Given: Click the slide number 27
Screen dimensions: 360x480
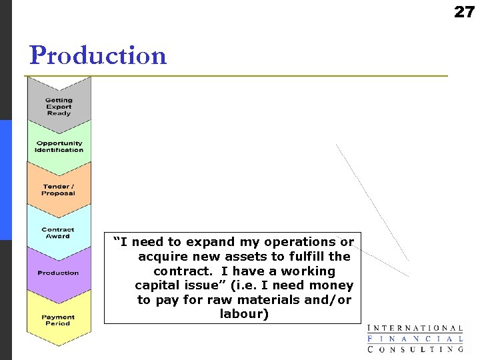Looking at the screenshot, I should point(464,11).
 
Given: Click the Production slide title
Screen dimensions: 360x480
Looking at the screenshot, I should point(98,55).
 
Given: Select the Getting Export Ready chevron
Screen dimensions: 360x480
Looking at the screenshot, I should point(59,107).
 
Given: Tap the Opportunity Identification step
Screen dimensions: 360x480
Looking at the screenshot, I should point(59,147).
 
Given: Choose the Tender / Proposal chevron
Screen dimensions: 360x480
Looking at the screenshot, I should point(59,190).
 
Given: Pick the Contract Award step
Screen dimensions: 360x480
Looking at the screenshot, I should point(58,233).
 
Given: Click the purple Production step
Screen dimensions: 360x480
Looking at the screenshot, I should point(58,273).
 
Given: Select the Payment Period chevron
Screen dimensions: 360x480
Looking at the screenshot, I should point(58,321).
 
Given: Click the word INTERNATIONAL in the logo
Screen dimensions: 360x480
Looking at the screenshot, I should point(415,328).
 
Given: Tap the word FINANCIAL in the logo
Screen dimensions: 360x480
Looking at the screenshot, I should point(415,339).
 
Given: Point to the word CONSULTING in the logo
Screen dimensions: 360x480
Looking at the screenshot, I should point(415,349).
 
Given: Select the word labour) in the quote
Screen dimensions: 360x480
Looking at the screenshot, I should point(244,314).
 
